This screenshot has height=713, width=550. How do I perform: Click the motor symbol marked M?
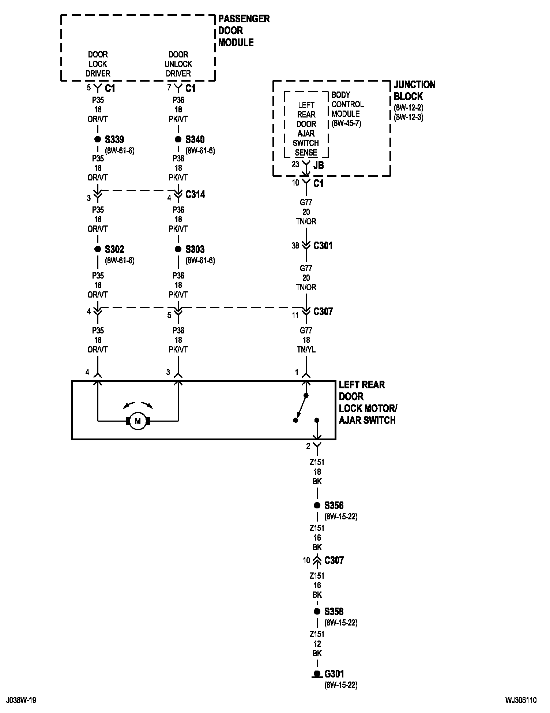coord(138,421)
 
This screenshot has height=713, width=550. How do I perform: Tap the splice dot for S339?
coord(98,139)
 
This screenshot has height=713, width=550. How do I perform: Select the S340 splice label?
coord(195,139)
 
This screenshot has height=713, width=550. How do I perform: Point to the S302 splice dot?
coord(98,249)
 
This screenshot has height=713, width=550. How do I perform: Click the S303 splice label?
coord(195,249)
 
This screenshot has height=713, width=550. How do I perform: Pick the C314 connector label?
coord(195,194)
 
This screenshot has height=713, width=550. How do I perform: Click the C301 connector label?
coord(323,246)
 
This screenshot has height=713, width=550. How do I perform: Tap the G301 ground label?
coord(334,674)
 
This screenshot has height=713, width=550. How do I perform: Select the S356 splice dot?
coord(317,505)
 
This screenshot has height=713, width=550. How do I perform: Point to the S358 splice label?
coord(334,612)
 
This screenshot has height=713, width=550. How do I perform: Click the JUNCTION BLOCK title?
coord(414,90)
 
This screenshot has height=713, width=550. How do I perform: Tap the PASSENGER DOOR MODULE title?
coord(244,30)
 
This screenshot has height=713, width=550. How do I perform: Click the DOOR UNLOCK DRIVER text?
coord(178,64)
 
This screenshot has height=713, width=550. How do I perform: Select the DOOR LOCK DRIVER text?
coord(98,64)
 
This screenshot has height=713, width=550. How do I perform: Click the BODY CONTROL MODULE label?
coord(347,104)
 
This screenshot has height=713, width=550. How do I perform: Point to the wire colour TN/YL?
coord(306,350)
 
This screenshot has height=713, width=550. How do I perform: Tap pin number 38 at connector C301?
coord(295,246)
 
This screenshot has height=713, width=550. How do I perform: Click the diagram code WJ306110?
coord(521,700)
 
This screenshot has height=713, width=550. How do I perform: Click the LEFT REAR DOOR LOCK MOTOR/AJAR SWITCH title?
coord(368,402)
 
